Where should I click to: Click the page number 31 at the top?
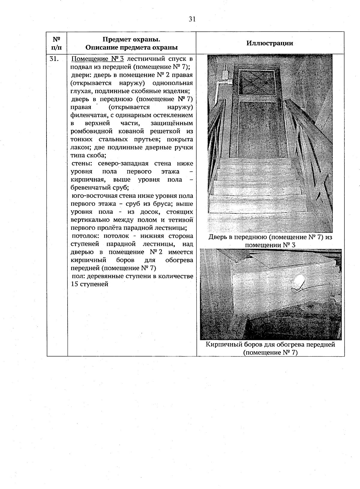tap(192, 19)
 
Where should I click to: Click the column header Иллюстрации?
tap(270, 43)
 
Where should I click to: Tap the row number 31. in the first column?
tap(54, 59)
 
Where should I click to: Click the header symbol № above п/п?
tap(57, 39)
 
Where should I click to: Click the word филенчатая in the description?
tap(87, 115)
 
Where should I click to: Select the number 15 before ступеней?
tap(75, 284)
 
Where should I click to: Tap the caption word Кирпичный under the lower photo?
tap(222, 345)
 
